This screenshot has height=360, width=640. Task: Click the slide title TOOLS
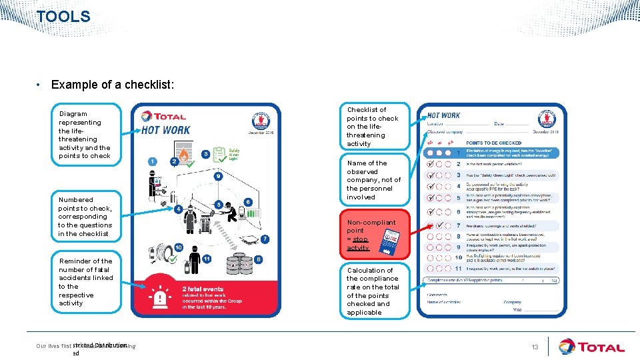click(63, 17)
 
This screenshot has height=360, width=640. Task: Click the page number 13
click(535, 347)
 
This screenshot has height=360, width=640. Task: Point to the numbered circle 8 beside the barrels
click(258, 259)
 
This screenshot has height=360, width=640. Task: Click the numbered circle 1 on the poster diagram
click(153, 161)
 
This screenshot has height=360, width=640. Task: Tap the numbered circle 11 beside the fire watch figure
click(207, 259)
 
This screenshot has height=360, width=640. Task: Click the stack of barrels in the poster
click(239, 265)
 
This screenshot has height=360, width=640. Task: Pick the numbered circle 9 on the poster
click(219, 177)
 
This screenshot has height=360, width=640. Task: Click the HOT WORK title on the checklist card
click(443, 115)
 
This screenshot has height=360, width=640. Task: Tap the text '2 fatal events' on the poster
click(203, 289)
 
